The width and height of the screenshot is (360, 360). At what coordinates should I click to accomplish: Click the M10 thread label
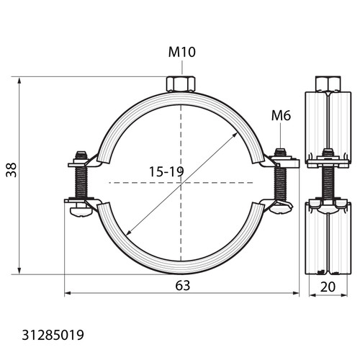coord(182,52)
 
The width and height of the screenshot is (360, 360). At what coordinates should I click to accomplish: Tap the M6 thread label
coord(281,115)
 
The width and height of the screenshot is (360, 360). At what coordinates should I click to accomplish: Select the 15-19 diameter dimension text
coord(166,171)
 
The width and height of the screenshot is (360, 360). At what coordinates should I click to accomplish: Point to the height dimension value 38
coord(12,170)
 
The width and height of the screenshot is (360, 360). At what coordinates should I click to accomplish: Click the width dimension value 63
coord(183,286)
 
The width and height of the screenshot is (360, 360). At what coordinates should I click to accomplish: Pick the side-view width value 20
coord(328,287)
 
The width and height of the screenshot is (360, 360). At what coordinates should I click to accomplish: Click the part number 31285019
coord(53,335)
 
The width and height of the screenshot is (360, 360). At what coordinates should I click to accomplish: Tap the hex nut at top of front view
coord(181,84)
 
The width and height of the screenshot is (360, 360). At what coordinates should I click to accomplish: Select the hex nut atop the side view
coord(328,84)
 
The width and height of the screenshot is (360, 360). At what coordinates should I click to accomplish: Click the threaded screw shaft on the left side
coord(81,182)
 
